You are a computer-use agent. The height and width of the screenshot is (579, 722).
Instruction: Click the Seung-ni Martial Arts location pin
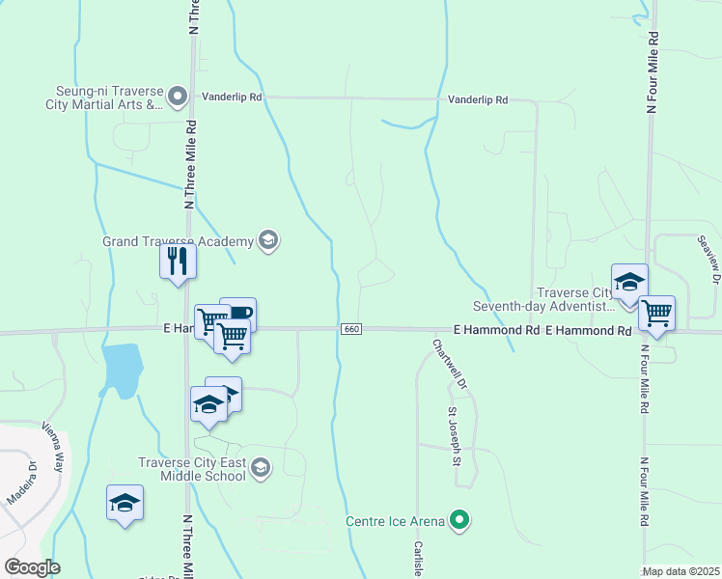(177, 96)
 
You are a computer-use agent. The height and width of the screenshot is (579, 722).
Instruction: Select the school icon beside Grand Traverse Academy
(268, 241)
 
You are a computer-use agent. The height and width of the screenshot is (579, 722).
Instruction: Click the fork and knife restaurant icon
(178, 262)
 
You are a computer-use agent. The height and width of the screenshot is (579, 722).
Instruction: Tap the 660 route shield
(351, 330)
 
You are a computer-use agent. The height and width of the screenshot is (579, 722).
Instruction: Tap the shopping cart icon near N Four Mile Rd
(656, 313)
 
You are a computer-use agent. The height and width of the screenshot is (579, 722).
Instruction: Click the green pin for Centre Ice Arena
(460, 522)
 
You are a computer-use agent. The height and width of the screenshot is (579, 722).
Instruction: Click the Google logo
(32, 567)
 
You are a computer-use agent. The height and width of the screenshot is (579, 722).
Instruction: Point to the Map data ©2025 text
(681, 571)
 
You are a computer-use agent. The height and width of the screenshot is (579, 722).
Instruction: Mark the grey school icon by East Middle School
(259, 468)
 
